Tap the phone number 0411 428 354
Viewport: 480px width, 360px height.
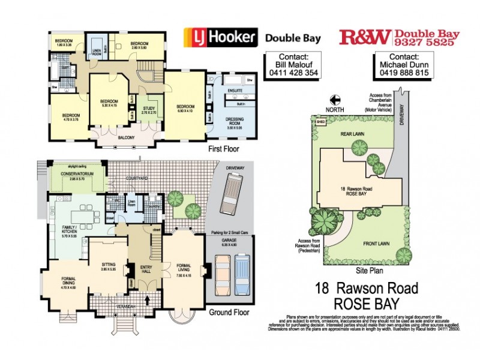pos(291,73)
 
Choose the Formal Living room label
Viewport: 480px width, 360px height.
pos(184,266)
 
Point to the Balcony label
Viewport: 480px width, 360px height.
pos(126,137)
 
